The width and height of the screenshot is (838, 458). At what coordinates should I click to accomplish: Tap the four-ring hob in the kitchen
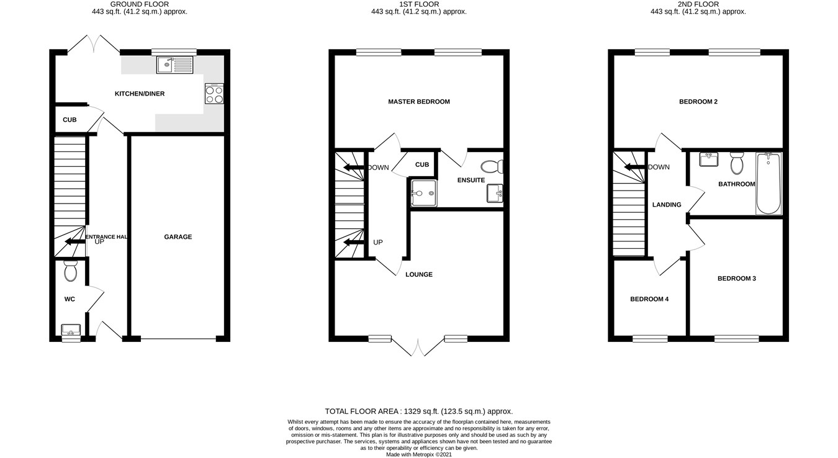(x=214, y=94)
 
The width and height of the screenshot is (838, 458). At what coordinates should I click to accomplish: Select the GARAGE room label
(x=178, y=237)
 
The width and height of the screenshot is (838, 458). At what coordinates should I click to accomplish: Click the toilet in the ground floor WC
(x=70, y=271)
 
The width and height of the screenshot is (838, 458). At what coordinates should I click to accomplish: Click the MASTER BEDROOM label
(x=419, y=102)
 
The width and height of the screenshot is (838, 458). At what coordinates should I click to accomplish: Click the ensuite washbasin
(x=495, y=194)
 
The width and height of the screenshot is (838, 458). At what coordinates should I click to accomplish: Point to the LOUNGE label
(x=419, y=274)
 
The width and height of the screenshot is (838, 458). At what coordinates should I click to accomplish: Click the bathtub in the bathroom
(x=768, y=184)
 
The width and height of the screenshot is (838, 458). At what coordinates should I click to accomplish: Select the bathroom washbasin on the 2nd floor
(x=708, y=159)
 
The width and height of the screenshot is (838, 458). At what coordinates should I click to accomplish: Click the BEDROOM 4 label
(x=649, y=299)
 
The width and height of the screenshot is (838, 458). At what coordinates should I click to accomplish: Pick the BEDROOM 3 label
(x=737, y=279)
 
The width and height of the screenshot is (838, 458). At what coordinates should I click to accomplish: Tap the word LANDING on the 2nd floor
(x=667, y=205)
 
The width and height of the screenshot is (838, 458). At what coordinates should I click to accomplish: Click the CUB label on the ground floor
(x=70, y=120)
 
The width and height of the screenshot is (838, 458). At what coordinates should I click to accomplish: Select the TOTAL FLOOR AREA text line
(x=419, y=411)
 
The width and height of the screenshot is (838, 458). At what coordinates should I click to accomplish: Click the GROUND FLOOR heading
(x=139, y=4)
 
